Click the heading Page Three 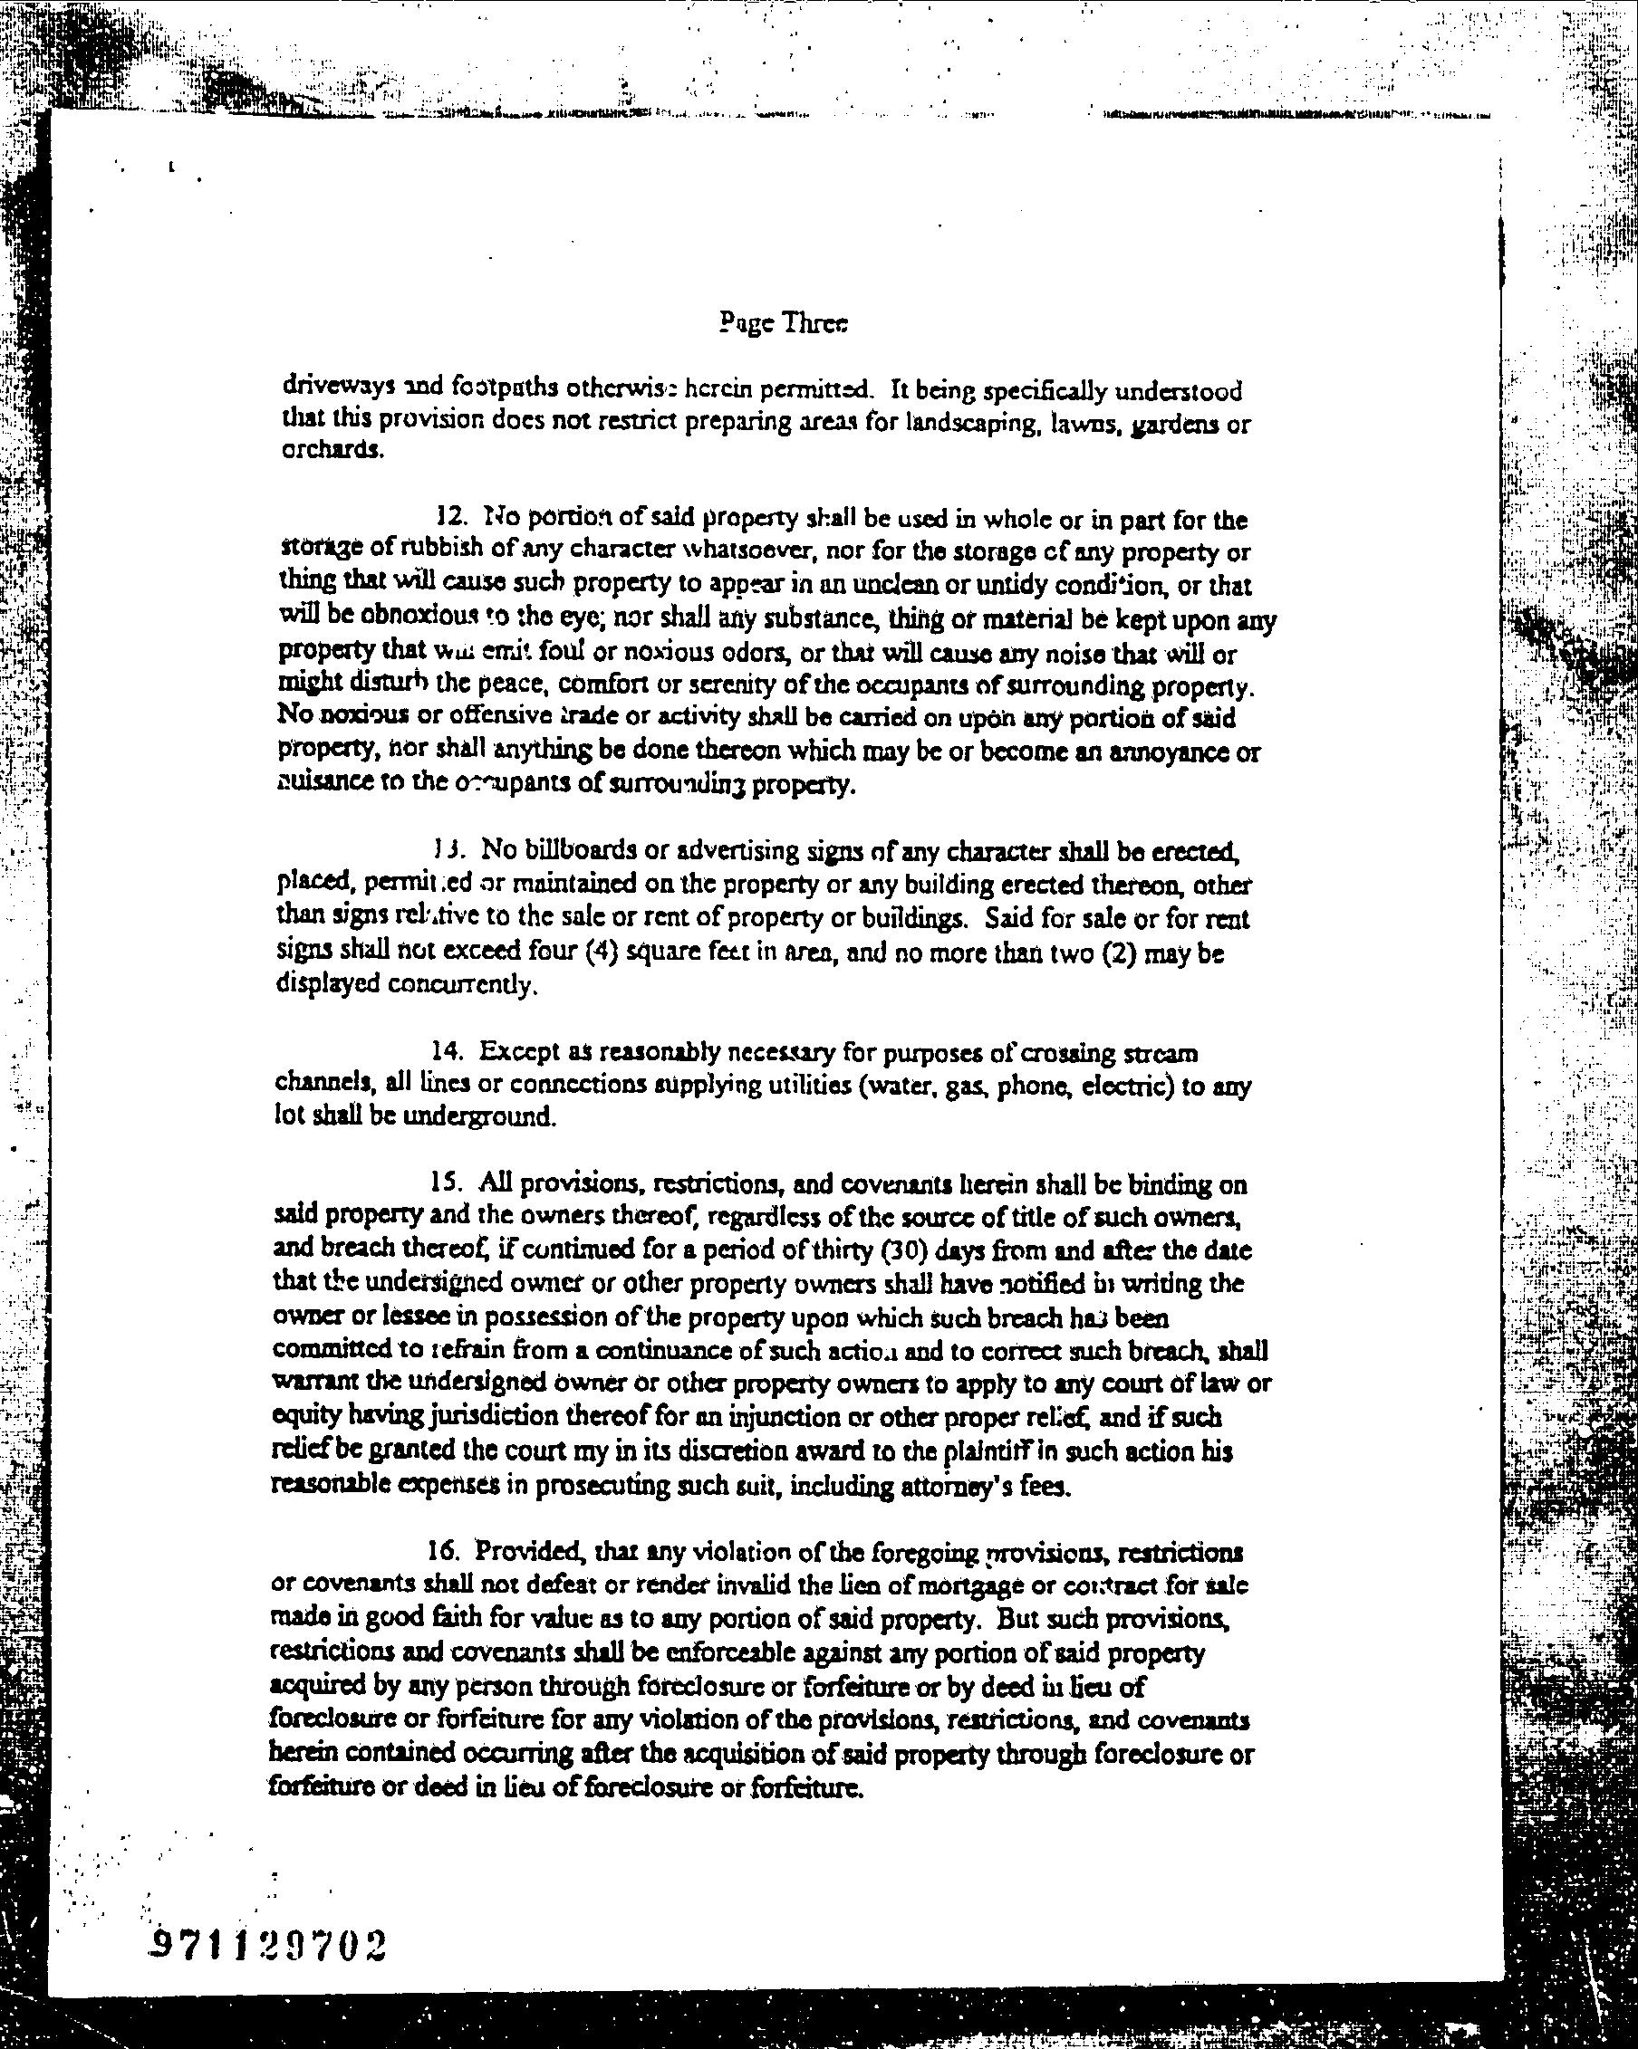point(784,324)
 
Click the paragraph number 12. point(448,518)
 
